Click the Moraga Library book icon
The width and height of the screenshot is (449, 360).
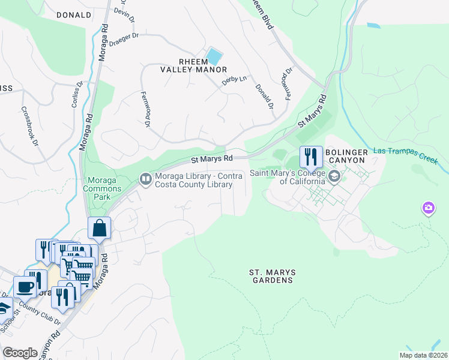tap(145, 179)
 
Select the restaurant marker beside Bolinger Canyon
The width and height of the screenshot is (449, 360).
tap(311, 158)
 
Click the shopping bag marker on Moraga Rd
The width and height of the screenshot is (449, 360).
tap(99, 229)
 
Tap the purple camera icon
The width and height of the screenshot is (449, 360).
tap(428, 208)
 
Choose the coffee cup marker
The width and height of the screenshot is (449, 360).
tap(25, 287)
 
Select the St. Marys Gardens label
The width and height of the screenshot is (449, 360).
tap(271, 276)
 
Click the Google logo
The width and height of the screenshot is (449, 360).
tap(20, 353)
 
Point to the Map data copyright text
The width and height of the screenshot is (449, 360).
tap(423, 355)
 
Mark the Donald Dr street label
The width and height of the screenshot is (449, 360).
tap(264, 96)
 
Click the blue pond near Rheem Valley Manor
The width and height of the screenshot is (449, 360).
tap(213, 57)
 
